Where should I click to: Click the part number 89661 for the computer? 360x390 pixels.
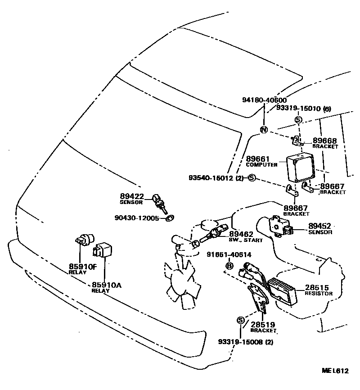tap(257, 159)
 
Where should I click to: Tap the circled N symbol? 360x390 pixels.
tap(264, 130)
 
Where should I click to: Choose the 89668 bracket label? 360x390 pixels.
tap(324, 141)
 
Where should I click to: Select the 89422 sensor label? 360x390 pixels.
tap(131, 196)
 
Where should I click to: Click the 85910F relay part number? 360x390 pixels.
tap(83, 267)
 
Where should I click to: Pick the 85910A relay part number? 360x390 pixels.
tap(107, 285)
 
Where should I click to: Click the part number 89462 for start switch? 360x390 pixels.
tap(241, 234)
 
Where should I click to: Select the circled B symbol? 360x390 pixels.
tap(229, 266)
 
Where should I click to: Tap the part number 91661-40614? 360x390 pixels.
tap(229, 255)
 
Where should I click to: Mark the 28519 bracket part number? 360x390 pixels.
tap(263, 324)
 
